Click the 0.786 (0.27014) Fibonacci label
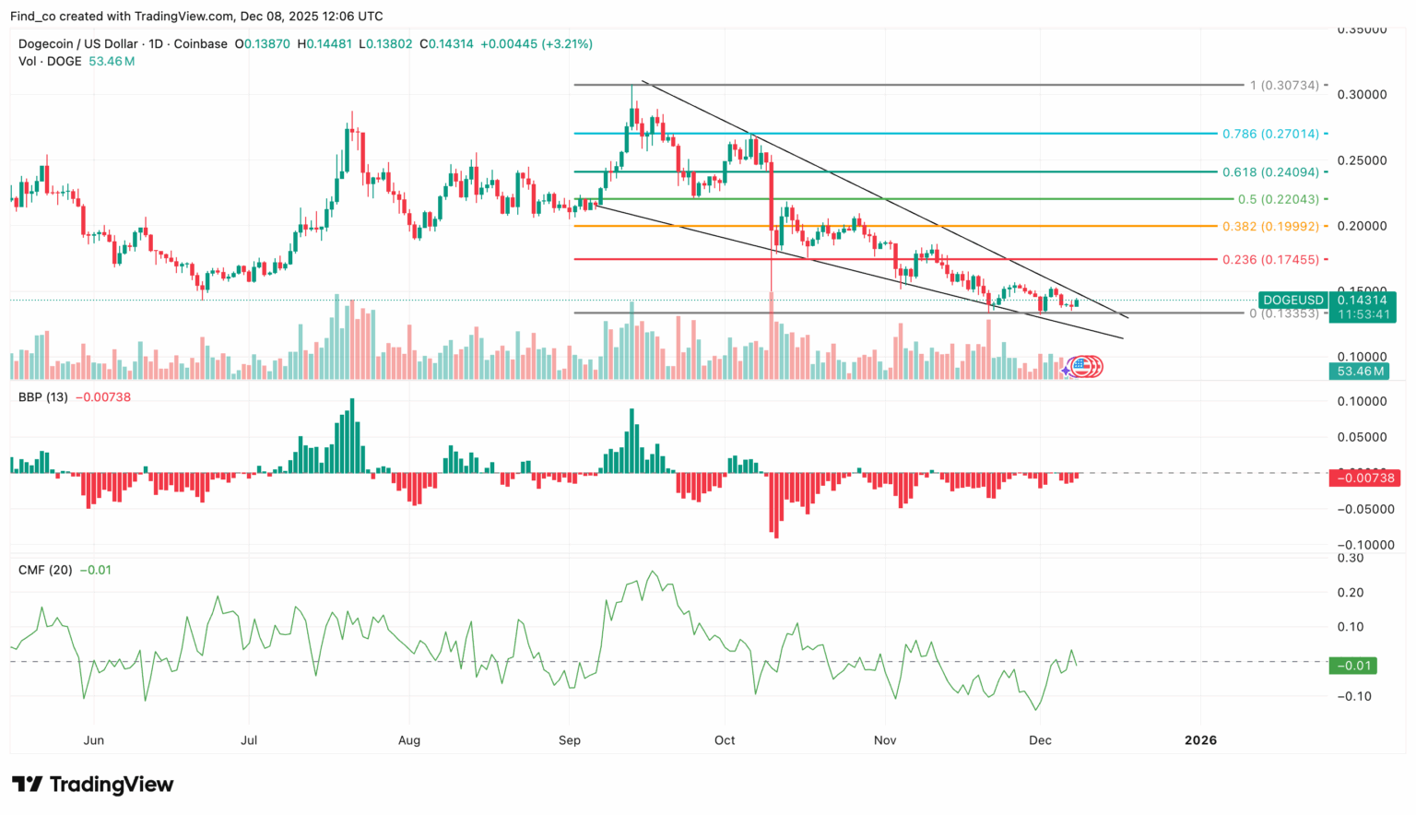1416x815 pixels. [1270, 134]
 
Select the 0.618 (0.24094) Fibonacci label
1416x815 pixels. [1270, 172]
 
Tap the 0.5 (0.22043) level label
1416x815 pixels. [1278, 199]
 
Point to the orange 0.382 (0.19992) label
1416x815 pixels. [1270, 227]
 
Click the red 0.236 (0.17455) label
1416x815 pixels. [1270, 260]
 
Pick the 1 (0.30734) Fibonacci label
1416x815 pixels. [1284, 86]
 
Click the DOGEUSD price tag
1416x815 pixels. [1292, 301]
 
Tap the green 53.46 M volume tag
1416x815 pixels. [1361, 372]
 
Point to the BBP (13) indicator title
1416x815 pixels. [43, 397]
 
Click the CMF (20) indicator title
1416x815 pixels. [45, 571]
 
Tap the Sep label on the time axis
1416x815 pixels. [570, 740]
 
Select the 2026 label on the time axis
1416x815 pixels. [1200, 740]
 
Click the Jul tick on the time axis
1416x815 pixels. [249, 740]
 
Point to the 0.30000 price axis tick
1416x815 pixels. [1362, 95]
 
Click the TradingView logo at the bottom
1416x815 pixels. [92, 785]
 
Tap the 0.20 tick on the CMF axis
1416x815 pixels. [1351, 593]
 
